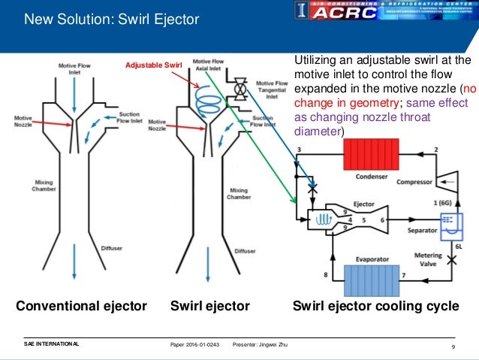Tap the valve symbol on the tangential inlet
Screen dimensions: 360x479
pos(240,90)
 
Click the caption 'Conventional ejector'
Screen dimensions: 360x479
pos(81,307)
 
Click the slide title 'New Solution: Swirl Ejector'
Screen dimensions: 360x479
pos(112,18)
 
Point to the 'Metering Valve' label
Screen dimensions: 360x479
pos(428,260)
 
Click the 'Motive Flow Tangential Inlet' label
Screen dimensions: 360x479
pos(272,89)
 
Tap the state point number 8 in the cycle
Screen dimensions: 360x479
pos(325,276)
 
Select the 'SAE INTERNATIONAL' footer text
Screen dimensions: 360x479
pos(51,344)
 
